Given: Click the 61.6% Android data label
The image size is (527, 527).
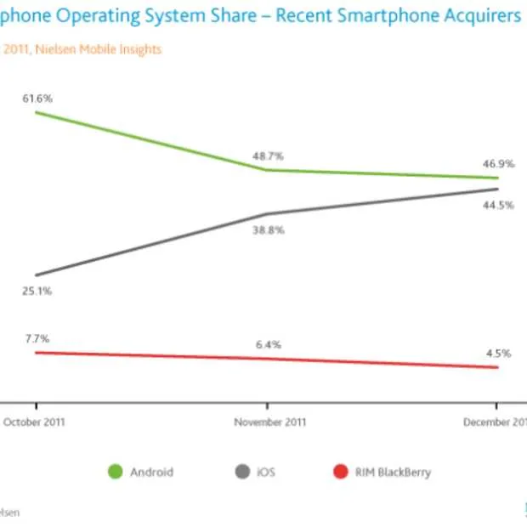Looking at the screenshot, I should pyautogui.click(x=37, y=99).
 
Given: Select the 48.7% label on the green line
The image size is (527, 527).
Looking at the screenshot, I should pyautogui.click(x=269, y=156).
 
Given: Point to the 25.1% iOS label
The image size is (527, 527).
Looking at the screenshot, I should pyautogui.click(x=37, y=291).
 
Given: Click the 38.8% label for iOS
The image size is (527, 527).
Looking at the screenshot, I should pyautogui.click(x=269, y=230).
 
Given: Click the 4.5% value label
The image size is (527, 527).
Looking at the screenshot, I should pyautogui.click(x=497, y=354).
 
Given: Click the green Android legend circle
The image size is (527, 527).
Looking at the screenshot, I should pyautogui.click(x=116, y=472).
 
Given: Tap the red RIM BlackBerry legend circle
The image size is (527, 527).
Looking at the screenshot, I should pyautogui.click(x=341, y=472).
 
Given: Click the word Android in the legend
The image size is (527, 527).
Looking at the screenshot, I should pyautogui.click(x=152, y=472).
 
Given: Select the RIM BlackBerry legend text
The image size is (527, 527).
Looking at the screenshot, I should pyautogui.click(x=393, y=472).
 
